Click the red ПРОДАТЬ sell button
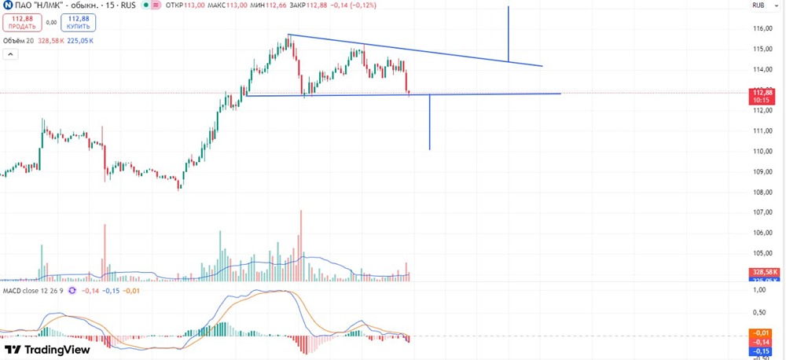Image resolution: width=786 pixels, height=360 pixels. (22, 21)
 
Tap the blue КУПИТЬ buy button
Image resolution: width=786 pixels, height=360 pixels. (78, 21)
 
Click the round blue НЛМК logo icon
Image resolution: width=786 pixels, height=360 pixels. (6, 6)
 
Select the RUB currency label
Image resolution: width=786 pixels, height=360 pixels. (759, 6)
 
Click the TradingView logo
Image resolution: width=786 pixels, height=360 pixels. (47, 350)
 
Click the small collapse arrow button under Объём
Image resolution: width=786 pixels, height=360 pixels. (11, 54)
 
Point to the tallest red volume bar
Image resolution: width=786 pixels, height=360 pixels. (300, 244)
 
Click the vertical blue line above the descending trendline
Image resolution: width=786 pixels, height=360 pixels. (509, 34)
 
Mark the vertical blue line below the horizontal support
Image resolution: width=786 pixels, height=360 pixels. (429, 122)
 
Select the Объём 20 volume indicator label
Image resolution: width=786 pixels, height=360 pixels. (19, 39)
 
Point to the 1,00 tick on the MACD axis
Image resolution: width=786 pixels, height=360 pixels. (759, 290)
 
